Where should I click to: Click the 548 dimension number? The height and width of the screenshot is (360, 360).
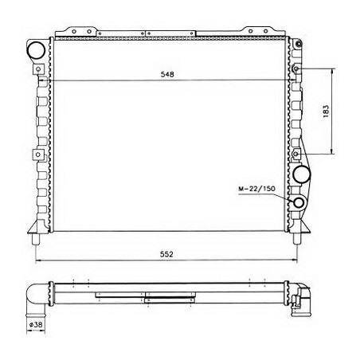click(x=166, y=73)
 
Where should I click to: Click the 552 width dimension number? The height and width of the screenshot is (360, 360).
click(x=166, y=253)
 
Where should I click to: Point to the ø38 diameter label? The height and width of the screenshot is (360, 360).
click(x=36, y=326)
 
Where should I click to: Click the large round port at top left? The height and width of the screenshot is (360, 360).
click(x=37, y=51)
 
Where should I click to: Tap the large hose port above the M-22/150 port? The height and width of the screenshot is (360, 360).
click(x=303, y=174)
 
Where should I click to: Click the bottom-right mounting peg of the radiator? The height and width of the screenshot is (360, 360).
click(x=298, y=237)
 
